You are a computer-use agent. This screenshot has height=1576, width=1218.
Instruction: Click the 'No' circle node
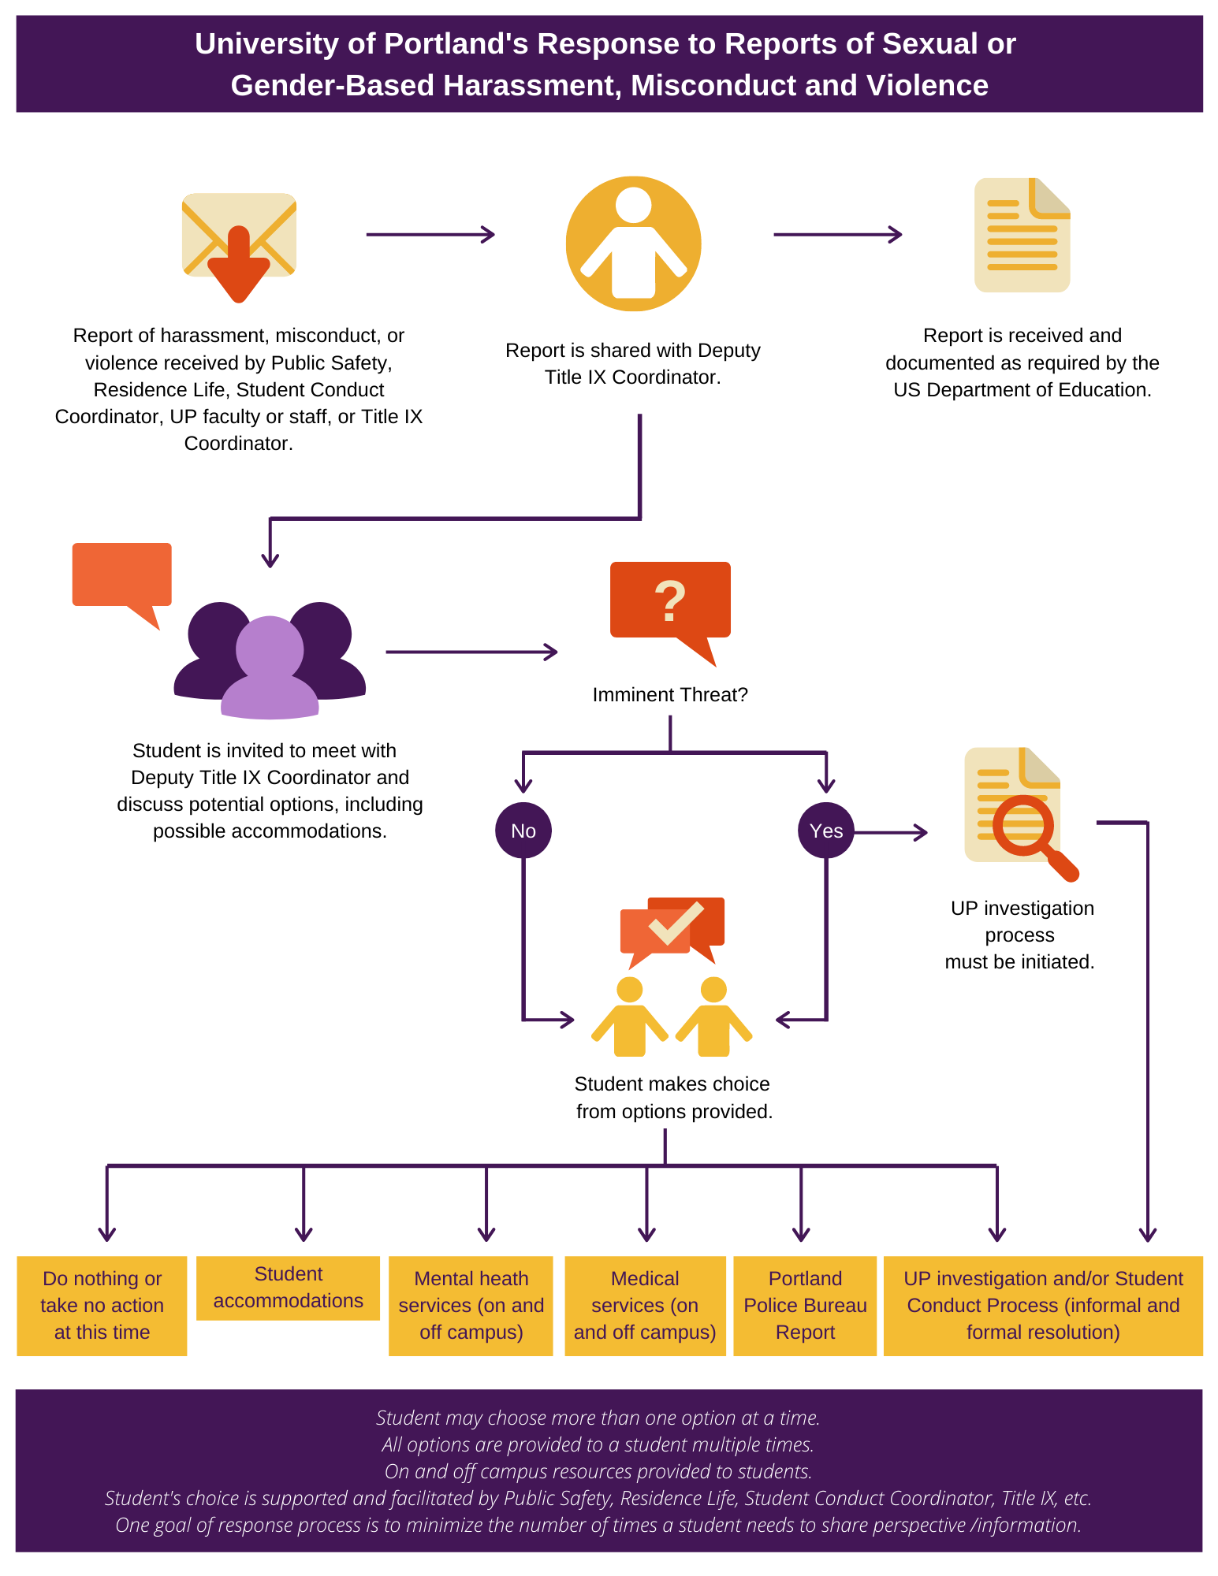coord(523,831)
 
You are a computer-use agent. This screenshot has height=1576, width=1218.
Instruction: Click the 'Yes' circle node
coord(825,831)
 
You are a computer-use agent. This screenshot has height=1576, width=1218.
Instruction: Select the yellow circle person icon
coord(633,243)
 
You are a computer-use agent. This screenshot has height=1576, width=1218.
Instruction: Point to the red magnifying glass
coord(1029,831)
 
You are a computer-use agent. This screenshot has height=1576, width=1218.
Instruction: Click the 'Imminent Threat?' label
coord(670,695)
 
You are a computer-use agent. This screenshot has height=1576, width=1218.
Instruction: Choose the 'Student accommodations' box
coord(288,1288)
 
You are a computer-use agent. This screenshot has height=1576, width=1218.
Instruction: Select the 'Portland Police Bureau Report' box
coord(805,1305)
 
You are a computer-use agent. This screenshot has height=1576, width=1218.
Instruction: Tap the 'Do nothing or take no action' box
coord(102,1305)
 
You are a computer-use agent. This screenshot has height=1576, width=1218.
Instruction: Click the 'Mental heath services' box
coord(471,1305)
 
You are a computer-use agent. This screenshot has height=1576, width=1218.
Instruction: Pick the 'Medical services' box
coord(645,1305)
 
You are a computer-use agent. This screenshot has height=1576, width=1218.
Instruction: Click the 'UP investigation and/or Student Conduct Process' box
coord(1043,1305)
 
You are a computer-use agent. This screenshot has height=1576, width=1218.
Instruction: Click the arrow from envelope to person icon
coord(430,234)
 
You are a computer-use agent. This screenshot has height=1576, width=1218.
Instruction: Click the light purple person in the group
coord(270,667)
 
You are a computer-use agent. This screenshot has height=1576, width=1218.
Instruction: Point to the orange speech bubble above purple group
coord(121,575)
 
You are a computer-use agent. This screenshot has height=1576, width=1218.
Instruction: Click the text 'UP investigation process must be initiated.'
coord(1021,935)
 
